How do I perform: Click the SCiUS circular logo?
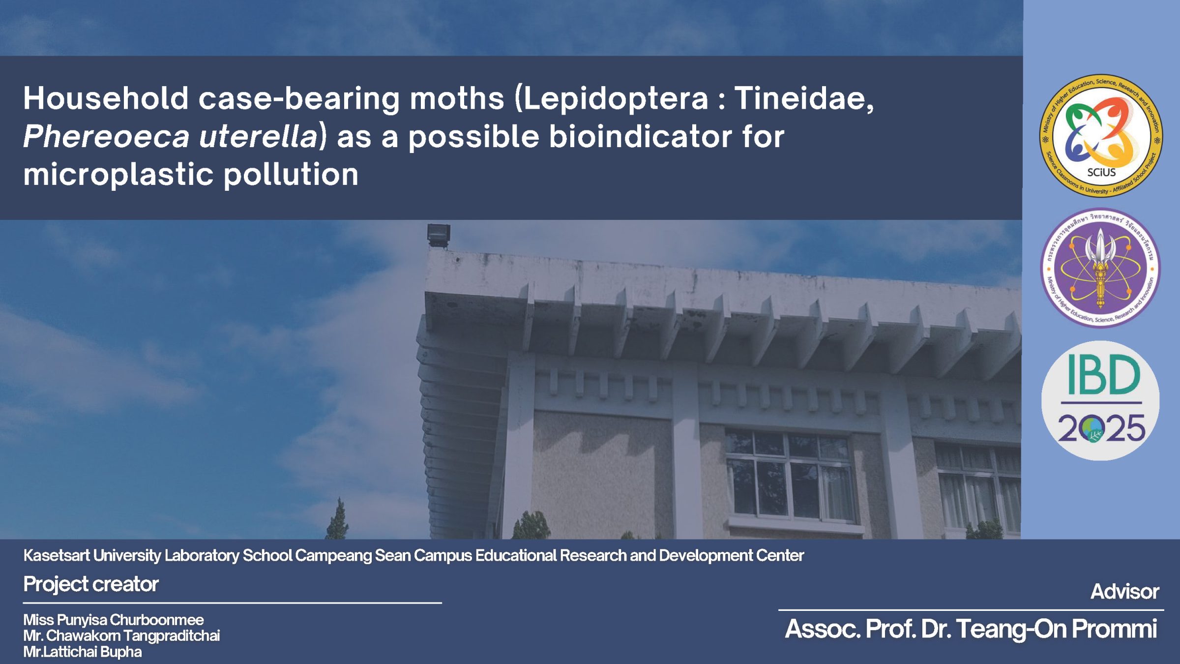coord(1101,136)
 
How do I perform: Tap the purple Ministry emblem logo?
coord(1101,268)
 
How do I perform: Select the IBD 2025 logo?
coord(1100,400)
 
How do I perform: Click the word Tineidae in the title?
coord(804,98)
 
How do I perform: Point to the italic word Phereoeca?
coord(106,136)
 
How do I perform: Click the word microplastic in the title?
coord(118,175)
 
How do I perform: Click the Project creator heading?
coord(91,584)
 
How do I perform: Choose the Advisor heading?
coord(1125,592)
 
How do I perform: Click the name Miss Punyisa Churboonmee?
coord(114,620)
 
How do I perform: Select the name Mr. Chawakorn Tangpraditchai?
coord(121,635)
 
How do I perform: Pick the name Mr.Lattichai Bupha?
coord(83,652)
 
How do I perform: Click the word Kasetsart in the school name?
coord(57,555)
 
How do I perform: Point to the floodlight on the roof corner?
coord(439,235)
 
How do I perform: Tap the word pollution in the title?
coord(291,175)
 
